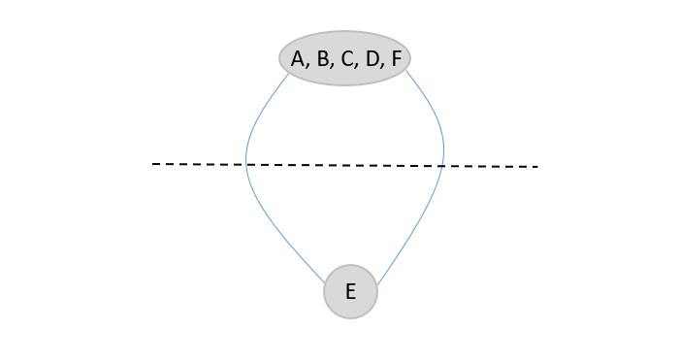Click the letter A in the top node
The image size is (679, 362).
[x=298, y=60]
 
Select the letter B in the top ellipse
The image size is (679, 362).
[x=323, y=60]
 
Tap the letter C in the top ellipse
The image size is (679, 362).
[x=347, y=60]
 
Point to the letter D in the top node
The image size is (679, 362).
[x=372, y=60]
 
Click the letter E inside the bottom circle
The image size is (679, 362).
[x=350, y=291]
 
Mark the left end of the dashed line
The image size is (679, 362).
[x=154, y=164]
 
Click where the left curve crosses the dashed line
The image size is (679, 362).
[x=246, y=165]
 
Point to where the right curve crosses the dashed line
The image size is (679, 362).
[x=443, y=166]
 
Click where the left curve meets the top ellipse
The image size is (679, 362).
[x=289, y=75]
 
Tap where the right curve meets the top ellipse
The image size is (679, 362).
[x=405, y=71]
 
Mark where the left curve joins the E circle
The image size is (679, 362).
[x=326, y=283]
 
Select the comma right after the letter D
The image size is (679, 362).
[x=383, y=67]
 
